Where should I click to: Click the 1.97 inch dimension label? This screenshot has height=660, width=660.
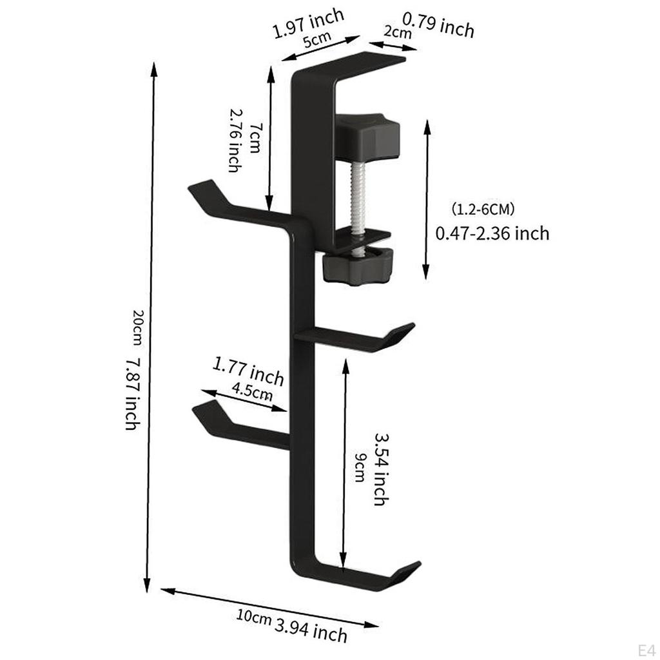pyautogui.click(x=308, y=23)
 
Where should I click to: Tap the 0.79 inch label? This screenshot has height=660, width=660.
pyautogui.click(x=438, y=25)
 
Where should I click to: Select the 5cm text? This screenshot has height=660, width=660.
pyautogui.click(x=317, y=39)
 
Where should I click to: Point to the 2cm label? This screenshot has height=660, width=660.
pyautogui.click(x=397, y=32)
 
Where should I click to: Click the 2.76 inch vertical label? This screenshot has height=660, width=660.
pyautogui.click(x=235, y=141)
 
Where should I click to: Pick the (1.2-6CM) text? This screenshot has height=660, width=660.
pyautogui.click(x=483, y=209)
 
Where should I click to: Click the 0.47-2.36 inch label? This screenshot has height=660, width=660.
pyautogui.click(x=492, y=233)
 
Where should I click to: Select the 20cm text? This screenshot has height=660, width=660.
pyautogui.click(x=138, y=327)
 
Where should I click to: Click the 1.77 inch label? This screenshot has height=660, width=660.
pyautogui.click(x=248, y=371)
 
